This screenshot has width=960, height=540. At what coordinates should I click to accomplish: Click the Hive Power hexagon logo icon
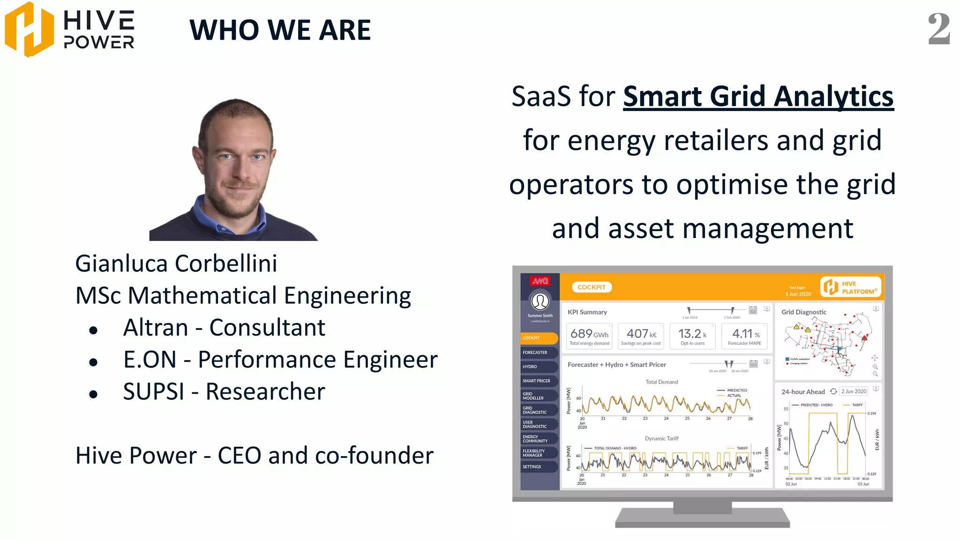click(x=29, y=29)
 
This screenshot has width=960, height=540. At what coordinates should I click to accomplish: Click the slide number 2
click(x=939, y=29)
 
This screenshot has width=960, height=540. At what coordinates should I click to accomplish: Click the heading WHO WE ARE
click(x=280, y=30)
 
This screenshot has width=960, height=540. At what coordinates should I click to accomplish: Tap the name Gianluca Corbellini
click(x=176, y=263)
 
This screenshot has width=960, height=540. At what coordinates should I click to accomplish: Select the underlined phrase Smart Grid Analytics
click(x=758, y=97)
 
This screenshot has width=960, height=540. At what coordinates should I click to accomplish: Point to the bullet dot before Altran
click(x=93, y=330)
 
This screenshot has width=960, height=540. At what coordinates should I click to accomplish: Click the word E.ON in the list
click(x=150, y=360)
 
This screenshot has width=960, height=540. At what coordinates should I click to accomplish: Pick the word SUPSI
click(x=153, y=391)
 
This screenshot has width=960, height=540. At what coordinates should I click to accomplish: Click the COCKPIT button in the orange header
click(x=592, y=287)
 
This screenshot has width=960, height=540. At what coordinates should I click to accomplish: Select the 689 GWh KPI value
click(x=589, y=334)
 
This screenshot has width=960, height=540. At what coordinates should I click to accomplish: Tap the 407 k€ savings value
click(x=641, y=334)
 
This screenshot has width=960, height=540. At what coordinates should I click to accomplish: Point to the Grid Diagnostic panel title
click(x=803, y=312)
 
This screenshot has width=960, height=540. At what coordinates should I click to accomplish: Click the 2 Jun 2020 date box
click(x=854, y=391)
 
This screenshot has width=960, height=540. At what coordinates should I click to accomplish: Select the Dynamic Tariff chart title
click(x=661, y=439)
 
